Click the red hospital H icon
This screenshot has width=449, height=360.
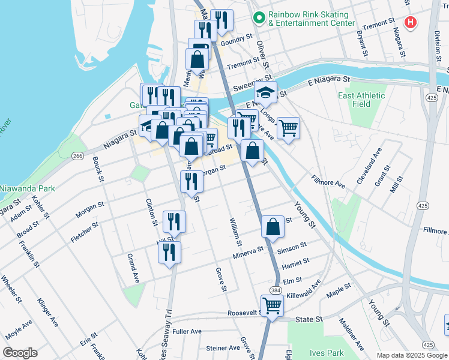tap(411, 23)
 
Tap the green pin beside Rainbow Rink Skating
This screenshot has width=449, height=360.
tap(259, 18)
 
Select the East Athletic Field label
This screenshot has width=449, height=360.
tap(361, 100)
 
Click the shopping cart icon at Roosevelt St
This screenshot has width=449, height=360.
tap(272, 305)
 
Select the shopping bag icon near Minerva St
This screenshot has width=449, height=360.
tap(273, 226)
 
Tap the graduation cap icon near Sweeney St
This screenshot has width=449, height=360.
tap(265, 92)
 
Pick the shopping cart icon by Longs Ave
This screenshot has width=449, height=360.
tap(288, 127)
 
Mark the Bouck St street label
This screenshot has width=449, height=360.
tap(97, 168)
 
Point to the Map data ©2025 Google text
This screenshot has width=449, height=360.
tap(412, 355)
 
